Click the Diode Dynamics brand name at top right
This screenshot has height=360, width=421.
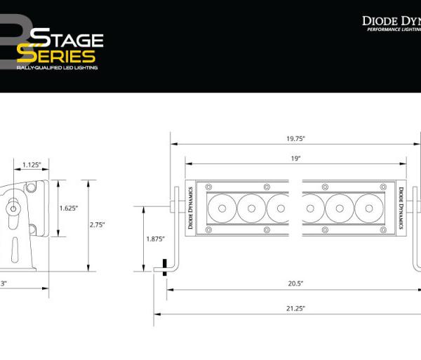pyautogui.click(x=391, y=21)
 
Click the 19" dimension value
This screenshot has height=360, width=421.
pyautogui.click(x=296, y=159)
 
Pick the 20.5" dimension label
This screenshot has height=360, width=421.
pyautogui.click(x=295, y=284)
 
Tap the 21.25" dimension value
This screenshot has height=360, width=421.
pyautogui.click(x=295, y=307)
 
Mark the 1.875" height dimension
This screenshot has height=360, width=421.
pyautogui.click(x=154, y=239)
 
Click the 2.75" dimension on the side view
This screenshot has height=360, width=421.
pyautogui.click(x=97, y=225)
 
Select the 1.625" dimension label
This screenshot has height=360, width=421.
pyautogui.click(x=68, y=208)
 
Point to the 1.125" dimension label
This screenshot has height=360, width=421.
pyautogui.click(x=32, y=165)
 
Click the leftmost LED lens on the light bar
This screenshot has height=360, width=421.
pyautogui.click(x=221, y=208)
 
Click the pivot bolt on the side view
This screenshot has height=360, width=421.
pyautogui.click(x=13, y=208)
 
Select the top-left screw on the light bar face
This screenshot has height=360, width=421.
pyautogui.click(x=208, y=187)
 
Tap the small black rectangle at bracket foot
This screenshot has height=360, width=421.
pyautogui.click(x=164, y=266)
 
